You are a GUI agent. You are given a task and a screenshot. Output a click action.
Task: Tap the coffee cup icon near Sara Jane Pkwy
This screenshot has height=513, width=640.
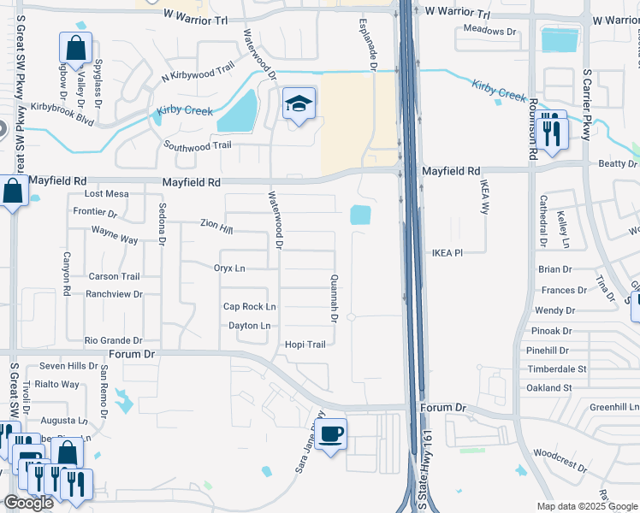pyautogui.click(x=331, y=433)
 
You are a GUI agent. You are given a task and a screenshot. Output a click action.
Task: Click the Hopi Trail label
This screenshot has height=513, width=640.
pyautogui.click(x=305, y=345)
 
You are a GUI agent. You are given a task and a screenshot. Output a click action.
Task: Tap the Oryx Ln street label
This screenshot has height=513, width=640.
pyautogui.click(x=229, y=268)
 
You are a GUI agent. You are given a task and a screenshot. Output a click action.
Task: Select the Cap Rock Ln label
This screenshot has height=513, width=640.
pyautogui.click(x=249, y=306)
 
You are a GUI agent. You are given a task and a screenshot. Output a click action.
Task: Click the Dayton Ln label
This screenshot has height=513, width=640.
pyautogui.click(x=249, y=326)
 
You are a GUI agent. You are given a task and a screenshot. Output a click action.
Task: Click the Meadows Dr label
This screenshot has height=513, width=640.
pyautogui.click(x=491, y=31)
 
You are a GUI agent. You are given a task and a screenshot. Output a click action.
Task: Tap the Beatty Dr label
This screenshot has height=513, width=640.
pyautogui.click(x=618, y=163)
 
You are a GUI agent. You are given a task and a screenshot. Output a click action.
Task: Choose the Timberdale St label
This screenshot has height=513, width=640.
pyautogui.click(x=557, y=369)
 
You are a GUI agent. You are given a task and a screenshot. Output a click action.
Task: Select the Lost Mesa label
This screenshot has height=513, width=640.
pyautogui.click(x=106, y=194)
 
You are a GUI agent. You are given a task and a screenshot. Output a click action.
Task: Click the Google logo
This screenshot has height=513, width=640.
pyautogui.click(x=28, y=503)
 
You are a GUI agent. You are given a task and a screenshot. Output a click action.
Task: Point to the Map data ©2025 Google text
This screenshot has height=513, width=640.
pyautogui.click(x=586, y=506)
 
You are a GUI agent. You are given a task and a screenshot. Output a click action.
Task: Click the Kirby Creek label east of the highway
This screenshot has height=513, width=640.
pyautogui.click(x=501, y=91)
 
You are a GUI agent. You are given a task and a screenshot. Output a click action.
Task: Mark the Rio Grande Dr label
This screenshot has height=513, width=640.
pyautogui.click(x=113, y=340)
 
